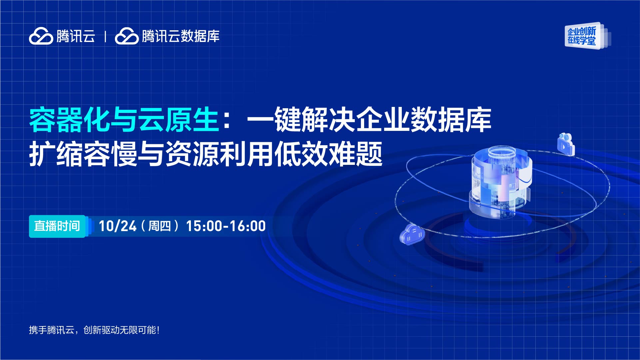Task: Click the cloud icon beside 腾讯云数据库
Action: pos(127,36)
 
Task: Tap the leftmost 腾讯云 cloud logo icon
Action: pos(41,36)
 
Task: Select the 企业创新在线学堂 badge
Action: pos(587,36)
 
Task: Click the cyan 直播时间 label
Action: pos(57,226)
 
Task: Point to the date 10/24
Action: pos(118,226)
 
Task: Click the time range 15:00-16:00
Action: pos(226,226)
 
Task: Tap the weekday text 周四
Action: pos(159,226)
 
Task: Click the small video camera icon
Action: pos(566,144)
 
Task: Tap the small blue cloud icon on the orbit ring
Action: pos(412,234)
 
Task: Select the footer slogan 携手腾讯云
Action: pos(52,330)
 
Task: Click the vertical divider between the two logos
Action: pos(105,36)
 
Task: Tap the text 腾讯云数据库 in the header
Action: pos(181,36)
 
